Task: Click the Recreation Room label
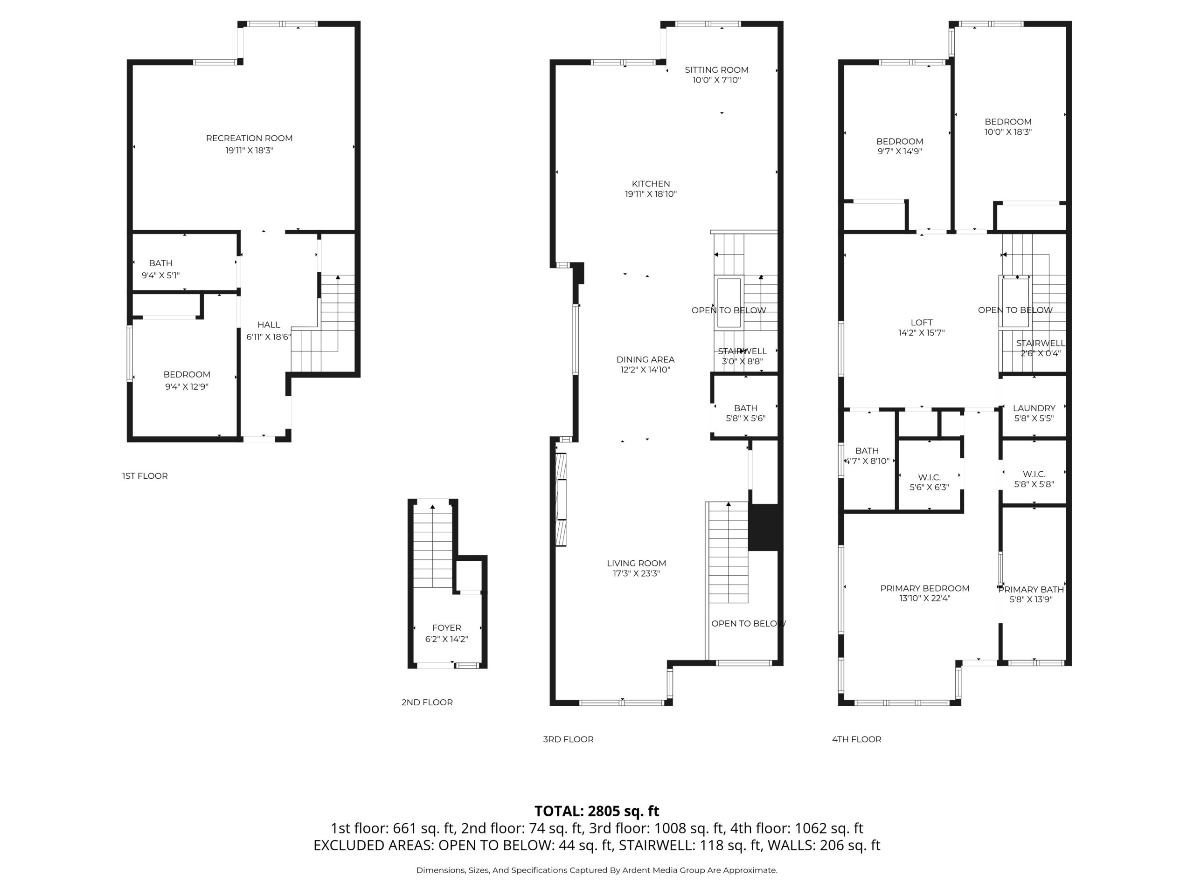pyautogui.click(x=250, y=138)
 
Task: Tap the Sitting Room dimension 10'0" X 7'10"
pyautogui.click(x=717, y=80)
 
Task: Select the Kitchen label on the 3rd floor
pyautogui.click(x=651, y=184)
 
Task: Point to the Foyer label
pyautogui.click(x=446, y=628)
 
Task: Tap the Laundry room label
pyautogui.click(x=1034, y=408)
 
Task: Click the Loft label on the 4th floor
pyautogui.click(x=922, y=323)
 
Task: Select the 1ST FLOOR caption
pyautogui.click(x=145, y=476)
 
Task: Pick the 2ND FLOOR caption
pyautogui.click(x=427, y=702)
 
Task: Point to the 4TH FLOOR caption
pyautogui.click(x=857, y=739)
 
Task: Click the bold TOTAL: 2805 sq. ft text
pyautogui.click(x=597, y=811)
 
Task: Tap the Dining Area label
pyautogui.click(x=646, y=359)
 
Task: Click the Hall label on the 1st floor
pyautogui.click(x=269, y=325)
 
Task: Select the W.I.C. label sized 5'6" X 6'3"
pyautogui.click(x=930, y=477)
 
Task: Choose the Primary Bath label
pyautogui.click(x=1031, y=589)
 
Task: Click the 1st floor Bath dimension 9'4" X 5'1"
pyautogui.click(x=161, y=275)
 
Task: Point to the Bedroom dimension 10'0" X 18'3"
pyautogui.click(x=1008, y=131)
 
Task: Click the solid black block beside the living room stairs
pyautogui.click(x=764, y=527)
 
